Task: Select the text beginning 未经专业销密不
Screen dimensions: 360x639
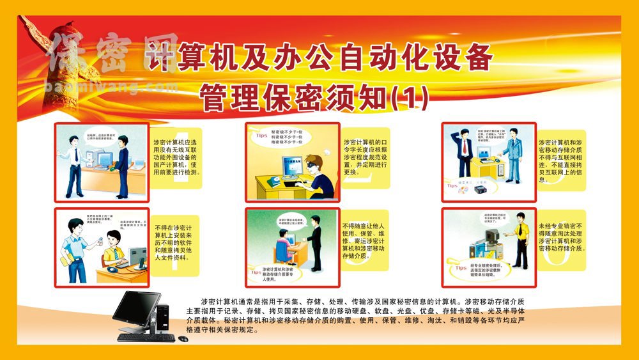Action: [x=561, y=237]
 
